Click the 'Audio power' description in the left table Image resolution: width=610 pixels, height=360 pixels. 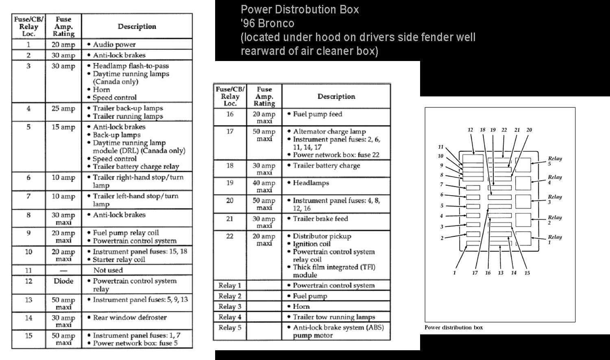click(114, 44)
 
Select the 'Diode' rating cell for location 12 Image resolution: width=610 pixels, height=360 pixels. click(63, 281)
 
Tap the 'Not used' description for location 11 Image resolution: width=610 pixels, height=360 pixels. click(108, 270)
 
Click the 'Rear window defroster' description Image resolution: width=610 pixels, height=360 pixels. click(130, 318)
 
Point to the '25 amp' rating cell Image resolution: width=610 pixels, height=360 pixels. click(63, 109)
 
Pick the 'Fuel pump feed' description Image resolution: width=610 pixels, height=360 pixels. click(318, 114)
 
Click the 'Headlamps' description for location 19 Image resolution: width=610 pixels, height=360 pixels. click(311, 183)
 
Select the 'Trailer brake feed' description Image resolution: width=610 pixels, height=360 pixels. click(320, 219)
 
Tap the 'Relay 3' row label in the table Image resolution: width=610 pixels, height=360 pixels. click(230, 307)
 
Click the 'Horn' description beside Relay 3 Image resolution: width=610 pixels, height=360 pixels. click(301, 307)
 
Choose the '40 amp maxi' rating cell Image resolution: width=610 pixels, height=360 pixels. click(264, 186)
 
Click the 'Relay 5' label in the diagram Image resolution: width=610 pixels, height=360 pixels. click(555, 161)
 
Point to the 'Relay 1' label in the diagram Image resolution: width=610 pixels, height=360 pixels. click(555, 240)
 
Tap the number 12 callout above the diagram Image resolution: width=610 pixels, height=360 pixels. click(470, 130)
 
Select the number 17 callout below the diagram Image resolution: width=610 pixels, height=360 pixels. click(475, 273)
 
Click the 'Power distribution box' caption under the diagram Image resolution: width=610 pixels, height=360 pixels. click(453, 327)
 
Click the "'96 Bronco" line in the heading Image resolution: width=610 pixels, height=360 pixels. click(267, 23)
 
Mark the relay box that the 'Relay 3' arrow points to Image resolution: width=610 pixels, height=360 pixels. click(523, 202)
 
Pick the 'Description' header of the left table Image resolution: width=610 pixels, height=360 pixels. click(137, 26)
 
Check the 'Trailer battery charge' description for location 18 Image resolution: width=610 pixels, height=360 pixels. click(327, 166)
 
